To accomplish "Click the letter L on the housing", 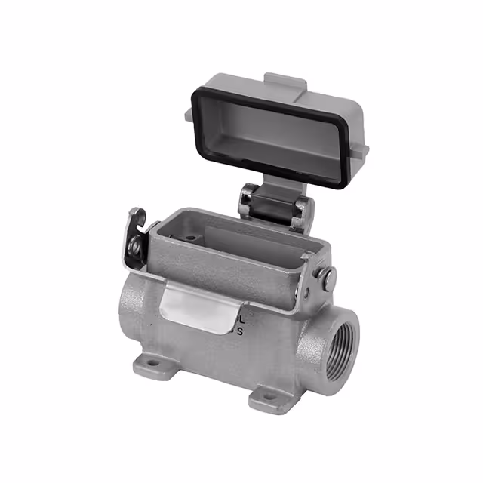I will point(241,317).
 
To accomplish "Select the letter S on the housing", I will point(241,330).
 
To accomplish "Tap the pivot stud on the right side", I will point(327,277).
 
